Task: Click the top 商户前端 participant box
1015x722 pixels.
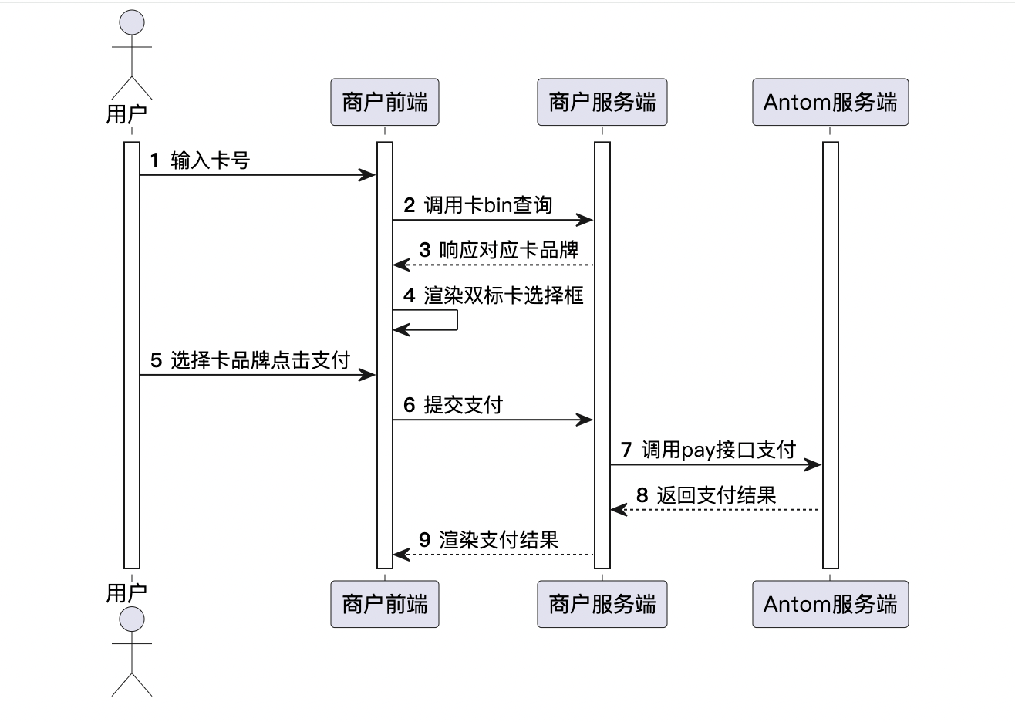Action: [384, 102]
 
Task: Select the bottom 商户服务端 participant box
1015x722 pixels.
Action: [602, 604]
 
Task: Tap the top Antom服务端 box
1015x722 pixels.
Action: [830, 102]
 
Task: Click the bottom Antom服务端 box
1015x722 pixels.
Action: [830, 604]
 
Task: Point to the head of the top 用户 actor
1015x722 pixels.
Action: [132, 22]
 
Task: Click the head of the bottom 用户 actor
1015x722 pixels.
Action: [132, 619]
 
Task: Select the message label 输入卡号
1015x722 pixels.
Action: [211, 160]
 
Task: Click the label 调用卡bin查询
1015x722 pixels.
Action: [488, 205]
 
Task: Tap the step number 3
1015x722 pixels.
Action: [425, 250]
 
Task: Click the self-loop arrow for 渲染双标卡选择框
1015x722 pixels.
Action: [456, 320]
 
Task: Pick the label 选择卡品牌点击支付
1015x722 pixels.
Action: [260, 360]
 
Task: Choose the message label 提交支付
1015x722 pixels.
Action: [463, 405]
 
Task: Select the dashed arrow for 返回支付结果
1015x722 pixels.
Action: [717, 509]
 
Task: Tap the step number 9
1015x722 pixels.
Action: [425, 540]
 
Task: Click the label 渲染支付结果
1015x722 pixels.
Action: [499, 540]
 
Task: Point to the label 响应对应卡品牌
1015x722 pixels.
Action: [509, 250]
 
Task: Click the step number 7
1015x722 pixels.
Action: [626, 450]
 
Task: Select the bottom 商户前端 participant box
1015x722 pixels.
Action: [384, 604]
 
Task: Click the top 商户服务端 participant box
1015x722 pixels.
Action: [602, 102]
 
